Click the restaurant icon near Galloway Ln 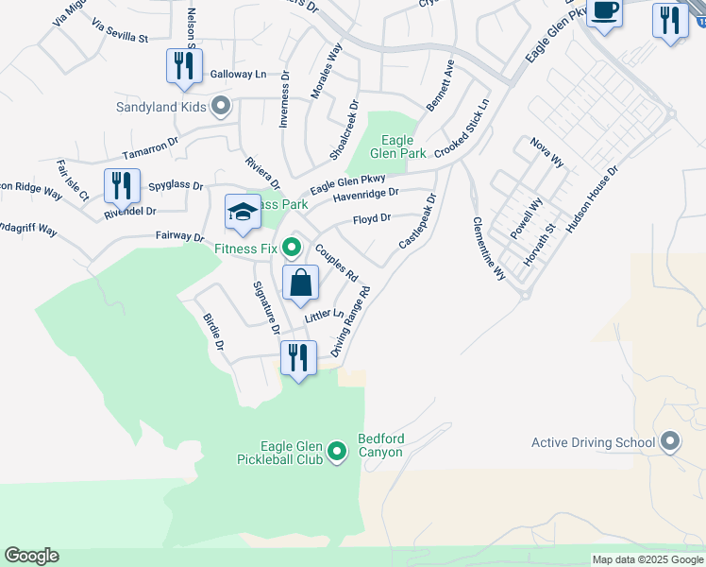181,65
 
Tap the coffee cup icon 604,12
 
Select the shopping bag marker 300,283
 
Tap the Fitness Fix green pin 292,249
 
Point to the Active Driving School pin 670,441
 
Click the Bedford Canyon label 380,445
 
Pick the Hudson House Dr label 591,200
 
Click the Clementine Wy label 488,249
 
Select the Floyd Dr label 371,219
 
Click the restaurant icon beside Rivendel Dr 121,185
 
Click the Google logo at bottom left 31,556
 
